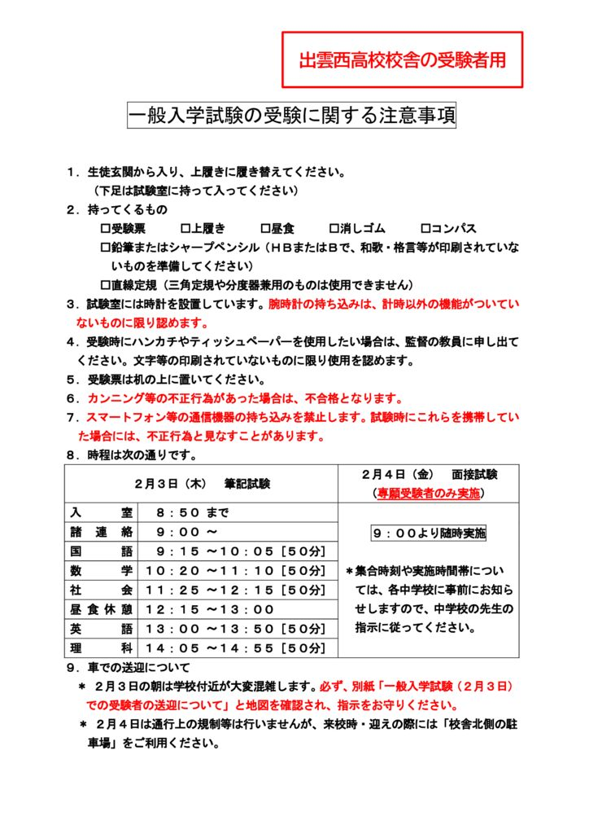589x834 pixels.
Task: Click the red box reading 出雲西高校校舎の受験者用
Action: (x=402, y=60)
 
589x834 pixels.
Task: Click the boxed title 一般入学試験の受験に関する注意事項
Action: (x=292, y=116)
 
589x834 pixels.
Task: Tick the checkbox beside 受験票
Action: (x=105, y=229)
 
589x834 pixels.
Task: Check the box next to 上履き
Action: (x=185, y=229)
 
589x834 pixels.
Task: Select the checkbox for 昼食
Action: (x=265, y=229)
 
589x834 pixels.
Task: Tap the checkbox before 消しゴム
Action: (x=334, y=229)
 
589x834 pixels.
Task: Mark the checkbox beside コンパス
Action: (x=425, y=229)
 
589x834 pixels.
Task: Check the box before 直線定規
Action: (x=105, y=285)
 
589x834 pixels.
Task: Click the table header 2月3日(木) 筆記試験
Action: (x=201, y=483)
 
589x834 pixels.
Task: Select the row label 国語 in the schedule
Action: (x=101, y=551)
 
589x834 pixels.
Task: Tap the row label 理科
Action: (x=101, y=647)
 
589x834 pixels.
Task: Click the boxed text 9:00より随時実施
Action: (x=428, y=533)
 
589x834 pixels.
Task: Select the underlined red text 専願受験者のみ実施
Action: (x=427, y=493)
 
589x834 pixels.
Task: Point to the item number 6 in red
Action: (x=72, y=398)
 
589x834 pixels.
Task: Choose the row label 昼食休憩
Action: (x=101, y=608)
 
